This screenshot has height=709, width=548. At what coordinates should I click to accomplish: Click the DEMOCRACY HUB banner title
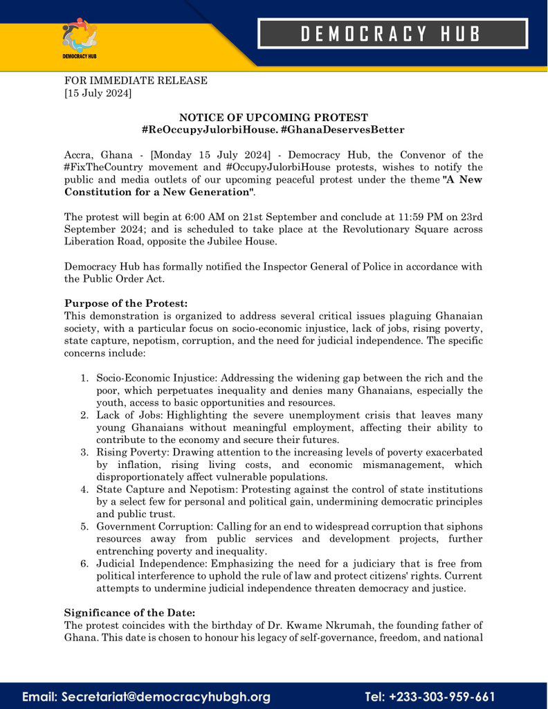tap(392, 33)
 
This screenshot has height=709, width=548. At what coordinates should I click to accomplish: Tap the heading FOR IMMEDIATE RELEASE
tap(136, 80)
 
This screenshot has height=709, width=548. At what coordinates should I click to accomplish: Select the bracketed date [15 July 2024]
tap(98, 93)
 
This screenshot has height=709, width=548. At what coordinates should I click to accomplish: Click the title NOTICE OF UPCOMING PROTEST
tap(273, 118)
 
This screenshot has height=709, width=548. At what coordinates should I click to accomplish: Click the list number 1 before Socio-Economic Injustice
tap(84, 378)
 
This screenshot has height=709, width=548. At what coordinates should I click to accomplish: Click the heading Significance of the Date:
tap(130, 613)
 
